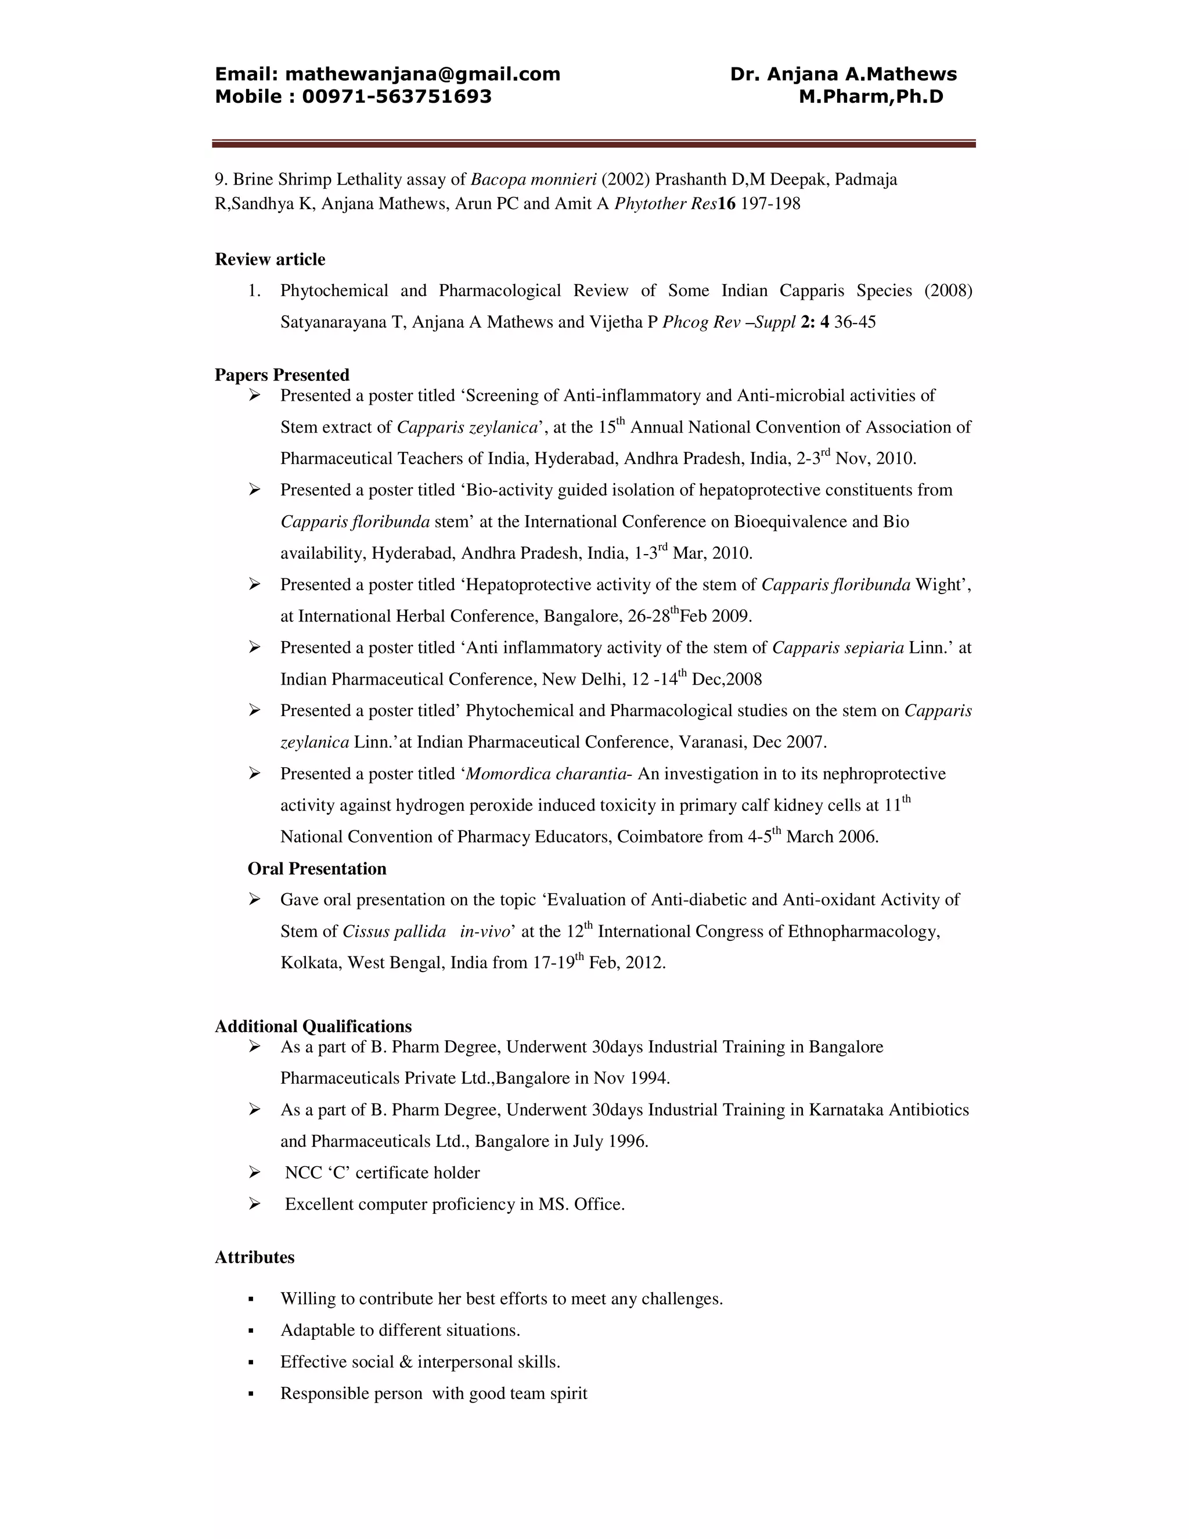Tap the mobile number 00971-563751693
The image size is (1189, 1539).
(x=397, y=96)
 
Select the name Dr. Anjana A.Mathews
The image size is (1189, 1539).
(x=843, y=74)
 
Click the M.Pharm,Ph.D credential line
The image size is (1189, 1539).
(x=871, y=96)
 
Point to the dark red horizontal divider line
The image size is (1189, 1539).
(x=594, y=144)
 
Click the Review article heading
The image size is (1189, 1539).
(x=270, y=260)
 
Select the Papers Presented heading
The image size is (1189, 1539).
(x=282, y=375)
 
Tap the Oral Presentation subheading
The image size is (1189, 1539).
(x=317, y=868)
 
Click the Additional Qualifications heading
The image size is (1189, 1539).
(x=313, y=1026)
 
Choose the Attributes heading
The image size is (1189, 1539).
(x=254, y=1257)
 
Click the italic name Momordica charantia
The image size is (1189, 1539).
(x=546, y=774)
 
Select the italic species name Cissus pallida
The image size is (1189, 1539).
(x=394, y=932)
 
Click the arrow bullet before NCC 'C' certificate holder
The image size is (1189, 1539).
(x=254, y=1173)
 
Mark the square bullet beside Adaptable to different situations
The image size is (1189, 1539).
(x=251, y=1331)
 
